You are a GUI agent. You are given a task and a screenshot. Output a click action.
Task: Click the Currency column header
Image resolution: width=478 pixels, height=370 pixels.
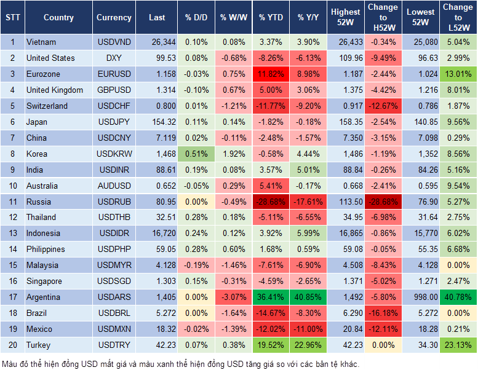114,18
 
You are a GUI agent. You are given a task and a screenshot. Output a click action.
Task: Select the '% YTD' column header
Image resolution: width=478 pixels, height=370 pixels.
271,18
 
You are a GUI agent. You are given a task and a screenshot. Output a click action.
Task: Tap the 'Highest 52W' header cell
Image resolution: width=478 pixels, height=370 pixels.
345,18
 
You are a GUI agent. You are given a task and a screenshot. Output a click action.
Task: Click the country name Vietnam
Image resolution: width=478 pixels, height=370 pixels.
41,42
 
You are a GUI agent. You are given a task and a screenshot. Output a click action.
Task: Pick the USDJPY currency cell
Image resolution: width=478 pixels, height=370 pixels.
114,122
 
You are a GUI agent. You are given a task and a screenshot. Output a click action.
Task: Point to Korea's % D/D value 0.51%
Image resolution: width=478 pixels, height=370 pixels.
196,154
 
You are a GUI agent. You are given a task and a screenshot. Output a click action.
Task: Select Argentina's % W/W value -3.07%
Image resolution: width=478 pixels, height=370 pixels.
233,297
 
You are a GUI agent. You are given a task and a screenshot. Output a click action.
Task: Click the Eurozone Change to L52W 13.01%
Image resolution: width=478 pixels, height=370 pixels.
458,74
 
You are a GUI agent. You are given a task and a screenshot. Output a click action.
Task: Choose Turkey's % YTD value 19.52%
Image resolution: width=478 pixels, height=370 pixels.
271,345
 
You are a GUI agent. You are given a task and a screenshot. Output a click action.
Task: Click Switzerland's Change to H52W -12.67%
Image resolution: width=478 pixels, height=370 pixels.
383,106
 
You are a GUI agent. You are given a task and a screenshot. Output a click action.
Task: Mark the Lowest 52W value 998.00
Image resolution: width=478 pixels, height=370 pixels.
421,297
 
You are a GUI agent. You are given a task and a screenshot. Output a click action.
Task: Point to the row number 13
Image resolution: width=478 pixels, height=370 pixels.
12,233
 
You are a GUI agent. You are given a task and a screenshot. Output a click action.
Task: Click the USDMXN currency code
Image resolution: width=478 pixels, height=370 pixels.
114,329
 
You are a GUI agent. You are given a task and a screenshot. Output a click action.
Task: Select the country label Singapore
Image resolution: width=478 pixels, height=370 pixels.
44,281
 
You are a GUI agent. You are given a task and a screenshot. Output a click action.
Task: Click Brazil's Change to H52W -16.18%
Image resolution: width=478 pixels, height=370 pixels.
383,313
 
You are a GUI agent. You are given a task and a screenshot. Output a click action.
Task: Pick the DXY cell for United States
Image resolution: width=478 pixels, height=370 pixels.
114,58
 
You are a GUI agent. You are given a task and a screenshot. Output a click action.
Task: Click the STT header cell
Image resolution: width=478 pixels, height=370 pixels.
12,18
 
